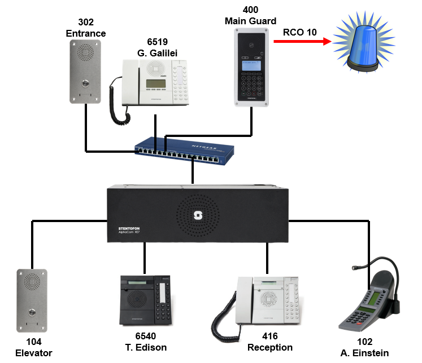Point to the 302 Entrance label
click(85, 28)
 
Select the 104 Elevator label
click(33, 347)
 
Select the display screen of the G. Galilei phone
click(156, 84)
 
